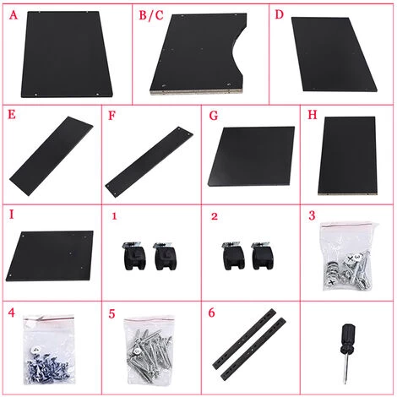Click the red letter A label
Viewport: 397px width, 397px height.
pyautogui.click(x=14, y=15)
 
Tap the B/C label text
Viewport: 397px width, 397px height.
pyautogui.click(x=151, y=15)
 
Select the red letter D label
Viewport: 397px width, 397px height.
pyautogui.click(x=279, y=14)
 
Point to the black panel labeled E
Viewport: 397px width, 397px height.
pyautogui.click(x=52, y=155)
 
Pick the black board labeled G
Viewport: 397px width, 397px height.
pyautogui.click(x=252, y=156)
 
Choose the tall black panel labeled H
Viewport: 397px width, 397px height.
pyautogui.click(x=348, y=155)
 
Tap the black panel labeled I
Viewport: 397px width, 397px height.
pyautogui.click(x=50, y=256)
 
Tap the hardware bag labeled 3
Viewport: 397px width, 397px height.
pyautogui.click(x=349, y=256)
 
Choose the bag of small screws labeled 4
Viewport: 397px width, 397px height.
pyautogui.click(x=49, y=350)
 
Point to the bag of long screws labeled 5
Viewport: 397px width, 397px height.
pyautogui.click(x=150, y=351)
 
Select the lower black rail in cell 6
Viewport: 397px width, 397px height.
pyautogui.click(x=253, y=349)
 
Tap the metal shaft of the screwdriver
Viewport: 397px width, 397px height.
pyautogui.click(x=346, y=369)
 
